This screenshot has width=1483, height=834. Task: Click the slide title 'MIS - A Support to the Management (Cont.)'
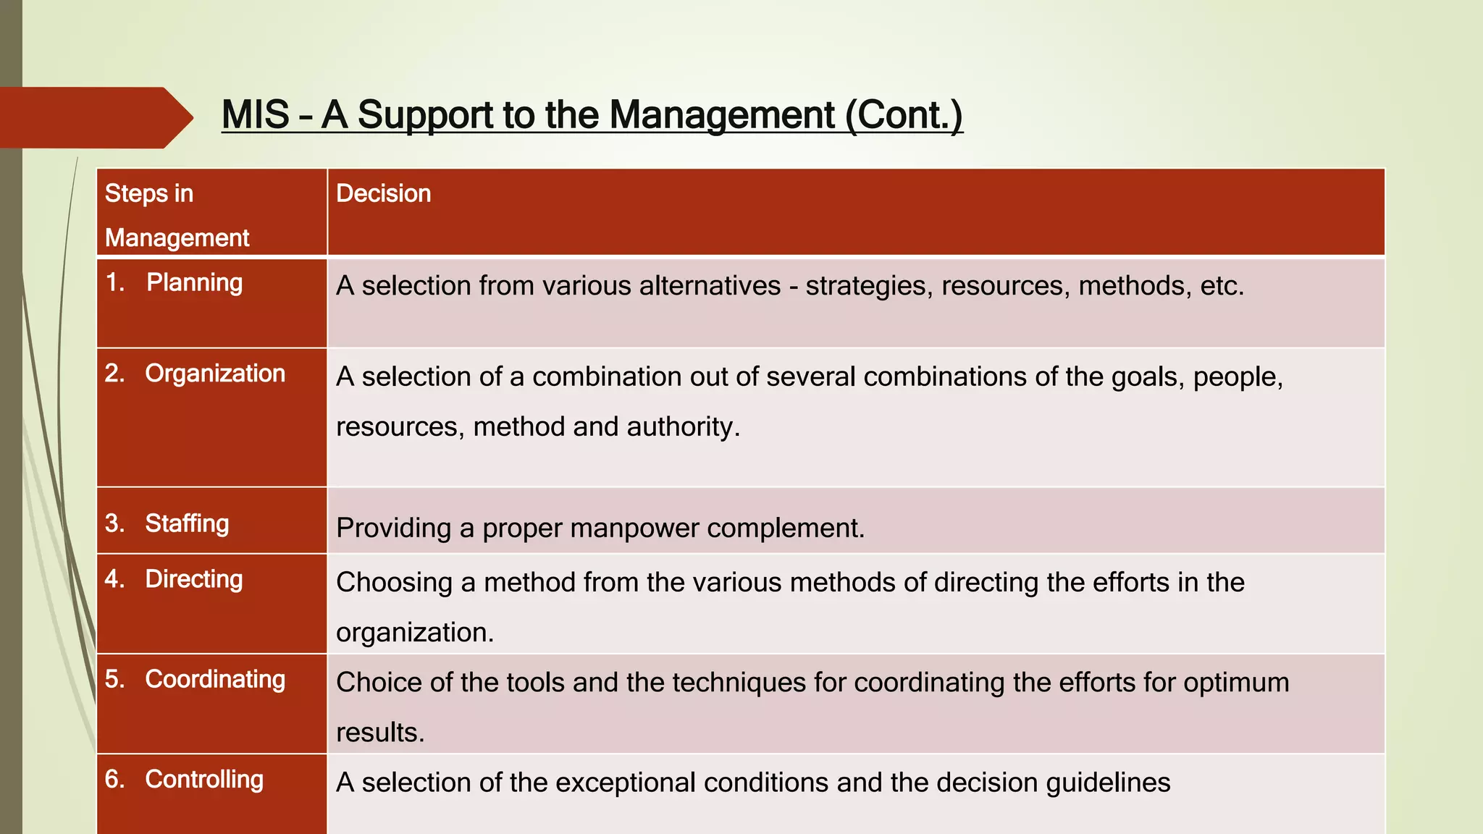tap(592, 115)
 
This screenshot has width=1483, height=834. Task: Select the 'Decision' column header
tap(383, 193)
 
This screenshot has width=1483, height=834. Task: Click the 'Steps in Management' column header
tap(177, 215)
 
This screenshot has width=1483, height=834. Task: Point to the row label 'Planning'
tap(194, 282)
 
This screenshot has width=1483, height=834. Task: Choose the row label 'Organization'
tap(215, 373)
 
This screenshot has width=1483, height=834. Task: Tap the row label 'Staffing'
tap(187, 523)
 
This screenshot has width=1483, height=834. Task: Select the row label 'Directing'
tap(193, 578)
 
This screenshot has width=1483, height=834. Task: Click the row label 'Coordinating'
tap(215, 679)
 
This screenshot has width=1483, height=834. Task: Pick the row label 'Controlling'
tap(204, 779)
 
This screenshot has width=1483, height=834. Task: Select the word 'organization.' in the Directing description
tap(415, 632)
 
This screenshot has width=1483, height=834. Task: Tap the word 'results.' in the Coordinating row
tap(380, 732)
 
